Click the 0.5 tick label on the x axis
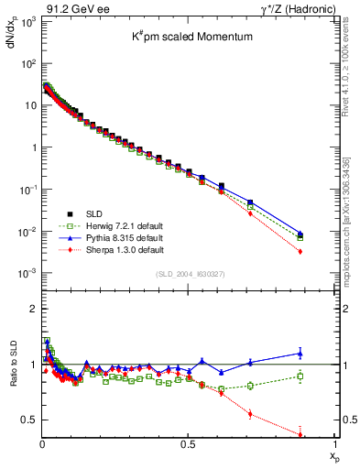[x=189, y=445]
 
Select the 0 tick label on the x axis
[x=42, y=445]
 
